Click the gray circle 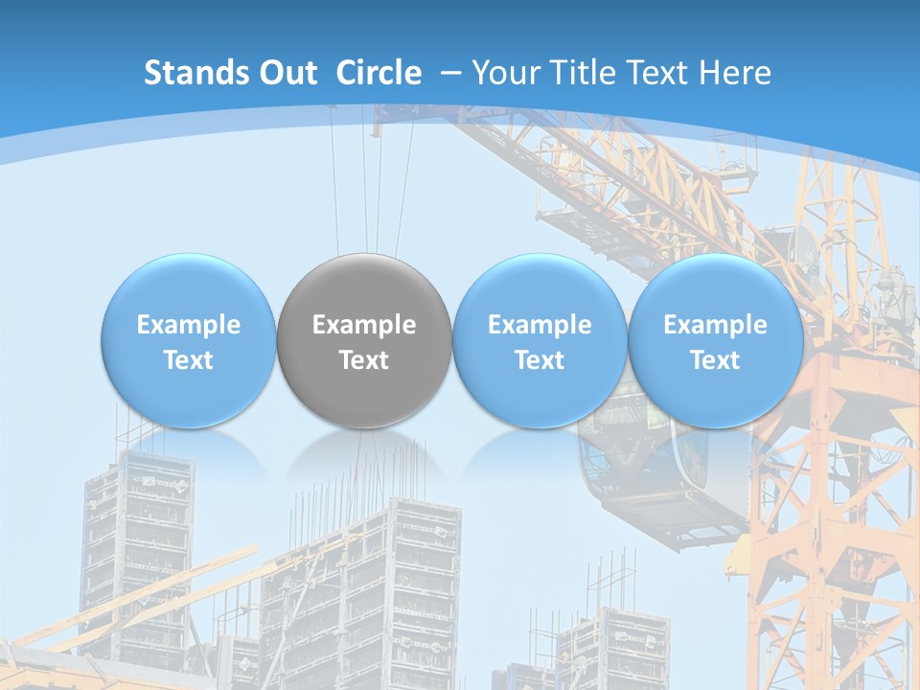point(364,340)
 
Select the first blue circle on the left point(189,340)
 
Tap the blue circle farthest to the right point(715,340)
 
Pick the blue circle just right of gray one point(540,340)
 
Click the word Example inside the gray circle point(364,325)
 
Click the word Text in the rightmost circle point(715,360)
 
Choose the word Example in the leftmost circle point(189,325)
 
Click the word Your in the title point(504,73)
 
